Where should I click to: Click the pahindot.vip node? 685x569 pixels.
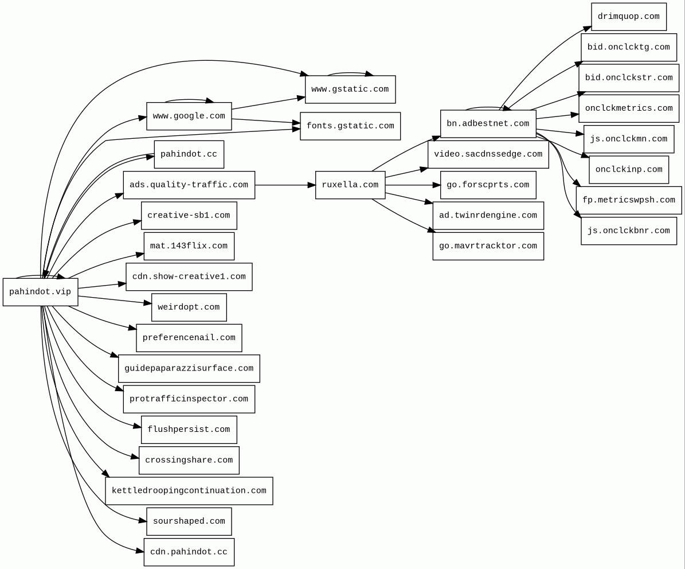click(40, 292)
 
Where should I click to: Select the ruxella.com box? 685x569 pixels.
click(350, 185)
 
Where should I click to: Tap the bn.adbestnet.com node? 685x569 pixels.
click(488, 124)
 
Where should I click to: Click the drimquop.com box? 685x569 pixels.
click(628, 17)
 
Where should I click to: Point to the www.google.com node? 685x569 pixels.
click(189, 116)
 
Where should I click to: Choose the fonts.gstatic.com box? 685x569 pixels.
click(350, 126)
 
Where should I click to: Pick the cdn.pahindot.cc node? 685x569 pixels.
click(189, 552)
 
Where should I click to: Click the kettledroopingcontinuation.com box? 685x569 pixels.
click(189, 491)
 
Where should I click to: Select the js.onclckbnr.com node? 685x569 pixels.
click(628, 231)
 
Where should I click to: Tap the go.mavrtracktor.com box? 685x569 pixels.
click(488, 246)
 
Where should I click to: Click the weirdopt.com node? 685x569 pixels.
click(189, 307)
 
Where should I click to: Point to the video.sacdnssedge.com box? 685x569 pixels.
click(488, 154)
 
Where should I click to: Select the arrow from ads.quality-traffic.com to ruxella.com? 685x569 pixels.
click(285, 185)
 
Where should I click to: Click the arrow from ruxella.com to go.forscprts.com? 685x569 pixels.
click(413, 185)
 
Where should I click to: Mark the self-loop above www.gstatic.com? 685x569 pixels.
click(350, 73)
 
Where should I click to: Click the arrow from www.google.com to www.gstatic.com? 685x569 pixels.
click(268, 103)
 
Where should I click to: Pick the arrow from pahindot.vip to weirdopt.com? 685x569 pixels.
click(115, 299)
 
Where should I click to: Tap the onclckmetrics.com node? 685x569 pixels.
click(628, 108)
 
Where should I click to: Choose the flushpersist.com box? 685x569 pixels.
click(189, 430)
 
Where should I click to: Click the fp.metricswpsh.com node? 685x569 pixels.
click(628, 200)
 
